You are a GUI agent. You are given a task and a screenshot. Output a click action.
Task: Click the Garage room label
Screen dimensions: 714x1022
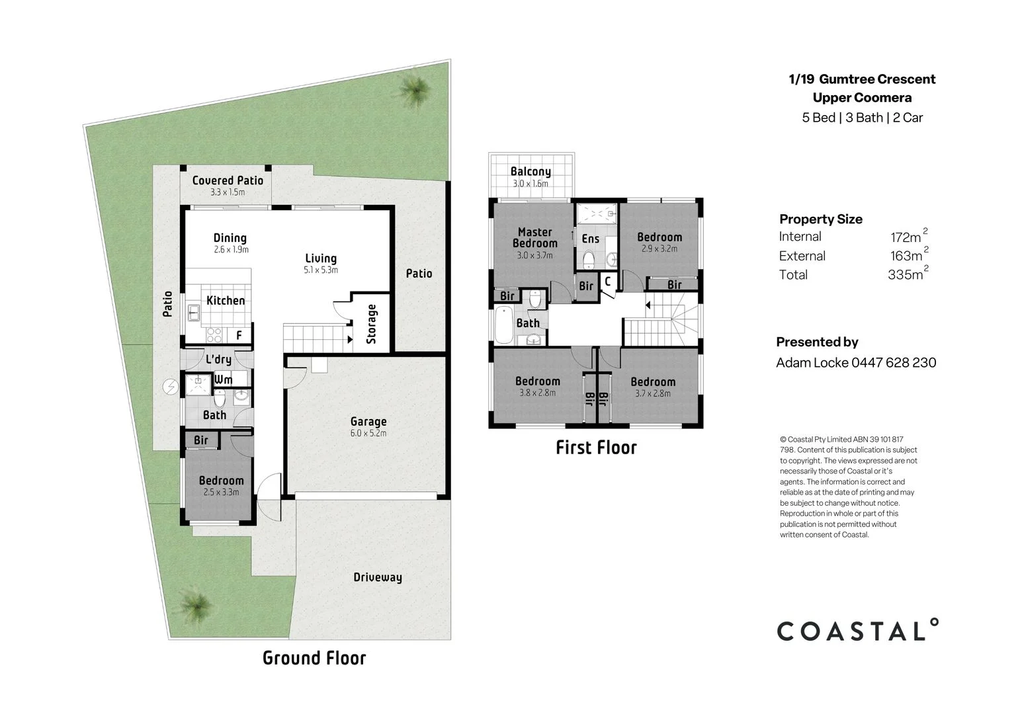(x=368, y=422)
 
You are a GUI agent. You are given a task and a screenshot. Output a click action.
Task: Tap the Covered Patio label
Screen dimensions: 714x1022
(x=228, y=180)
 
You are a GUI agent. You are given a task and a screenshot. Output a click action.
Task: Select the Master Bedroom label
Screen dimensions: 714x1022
(x=534, y=238)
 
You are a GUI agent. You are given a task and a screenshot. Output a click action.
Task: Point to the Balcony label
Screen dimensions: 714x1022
(x=530, y=172)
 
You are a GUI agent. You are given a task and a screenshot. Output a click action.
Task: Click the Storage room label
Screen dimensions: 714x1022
(x=372, y=324)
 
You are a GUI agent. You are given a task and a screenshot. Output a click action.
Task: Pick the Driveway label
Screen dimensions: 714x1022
(x=377, y=577)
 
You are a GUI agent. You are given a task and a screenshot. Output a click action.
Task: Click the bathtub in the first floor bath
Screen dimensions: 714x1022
(x=503, y=325)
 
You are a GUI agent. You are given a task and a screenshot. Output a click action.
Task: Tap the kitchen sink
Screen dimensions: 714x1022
(x=194, y=312)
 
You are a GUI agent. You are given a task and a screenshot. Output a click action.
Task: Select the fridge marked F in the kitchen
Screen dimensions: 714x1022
(x=239, y=336)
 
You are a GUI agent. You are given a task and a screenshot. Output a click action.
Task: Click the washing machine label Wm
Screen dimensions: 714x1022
(x=223, y=380)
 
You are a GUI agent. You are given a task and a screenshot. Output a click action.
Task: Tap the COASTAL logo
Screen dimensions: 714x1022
(x=857, y=630)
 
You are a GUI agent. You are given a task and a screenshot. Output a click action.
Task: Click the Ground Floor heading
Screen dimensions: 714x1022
(x=314, y=658)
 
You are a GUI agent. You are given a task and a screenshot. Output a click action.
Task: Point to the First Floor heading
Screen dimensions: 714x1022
(x=596, y=448)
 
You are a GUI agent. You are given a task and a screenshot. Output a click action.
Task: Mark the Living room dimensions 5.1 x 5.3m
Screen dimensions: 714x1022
(x=321, y=270)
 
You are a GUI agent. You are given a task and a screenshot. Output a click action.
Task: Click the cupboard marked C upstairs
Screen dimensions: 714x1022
(x=607, y=281)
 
